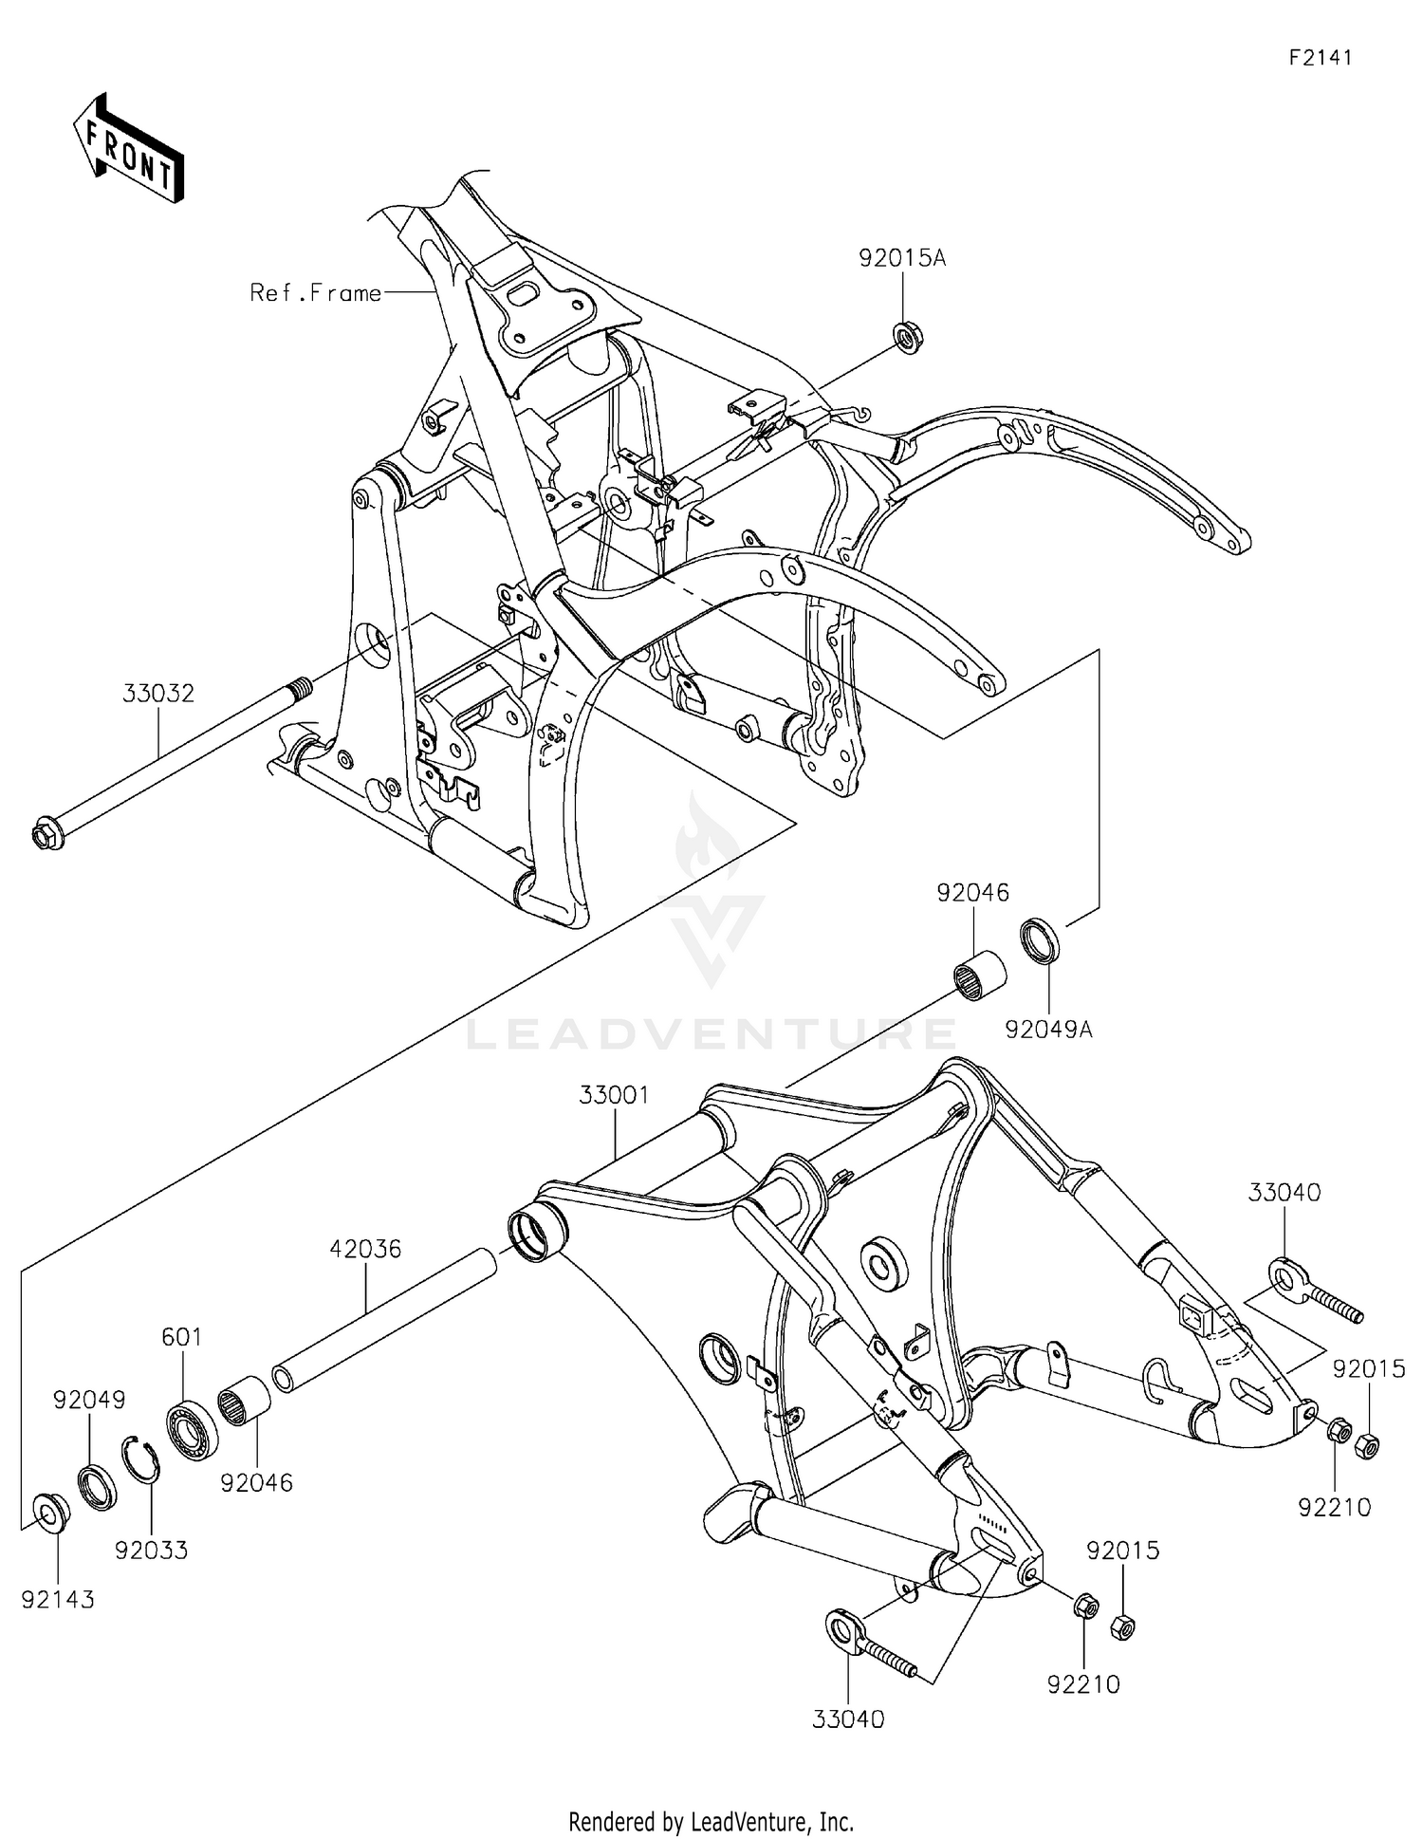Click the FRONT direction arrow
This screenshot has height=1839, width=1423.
(x=127, y=150)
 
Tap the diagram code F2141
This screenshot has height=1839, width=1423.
(x=1320, y=58)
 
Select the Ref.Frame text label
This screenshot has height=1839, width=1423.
(x=315, y=293)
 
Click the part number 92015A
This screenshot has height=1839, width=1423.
(x=901, y=258)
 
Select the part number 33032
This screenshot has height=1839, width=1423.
(x=158, y=694)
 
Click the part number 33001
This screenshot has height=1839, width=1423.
(x=614, y=1095)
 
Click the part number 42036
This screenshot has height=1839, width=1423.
(x=365, y=1250)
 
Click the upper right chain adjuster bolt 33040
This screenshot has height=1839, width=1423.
(x=1314, y=1288)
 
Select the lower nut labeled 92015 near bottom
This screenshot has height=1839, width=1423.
(x=1122, y=1627)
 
